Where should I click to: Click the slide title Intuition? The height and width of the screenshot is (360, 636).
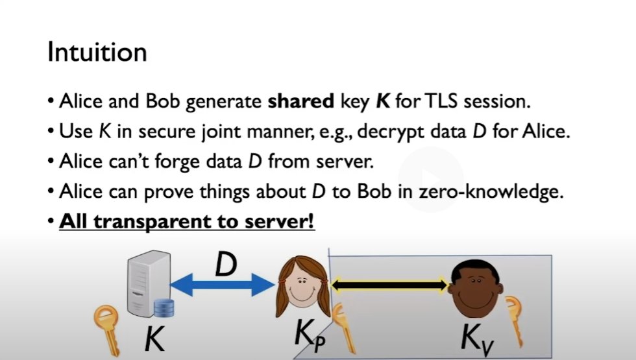[97, 53]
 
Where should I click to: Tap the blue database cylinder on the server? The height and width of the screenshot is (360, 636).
[165, 307]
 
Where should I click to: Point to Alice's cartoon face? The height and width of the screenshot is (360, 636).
[303, 285]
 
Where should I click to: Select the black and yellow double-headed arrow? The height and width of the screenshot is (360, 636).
[390, 283]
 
